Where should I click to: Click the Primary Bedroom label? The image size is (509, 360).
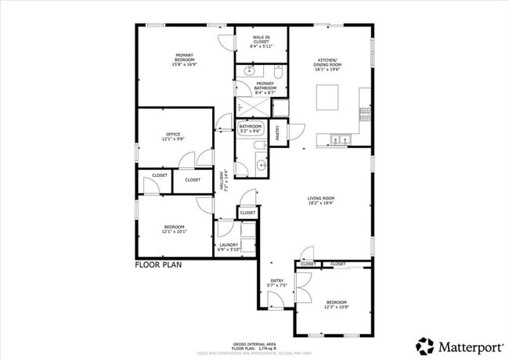click(184, 56)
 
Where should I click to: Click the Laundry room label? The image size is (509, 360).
click(229, 245)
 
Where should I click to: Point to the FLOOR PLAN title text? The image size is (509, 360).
click(159, 265)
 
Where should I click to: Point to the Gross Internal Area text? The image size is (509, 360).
click(254, 344)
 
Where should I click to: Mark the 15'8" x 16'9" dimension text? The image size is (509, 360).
click(184, 64)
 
